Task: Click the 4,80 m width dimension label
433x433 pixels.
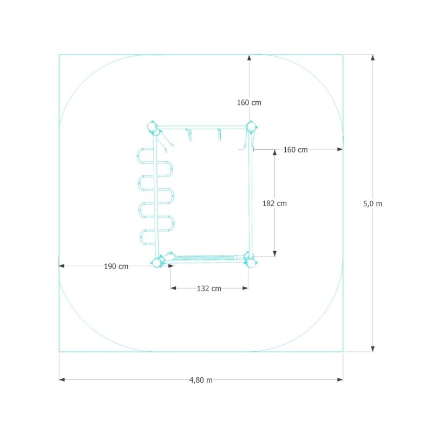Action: [201, 380]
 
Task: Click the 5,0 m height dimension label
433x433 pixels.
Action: [372, 204]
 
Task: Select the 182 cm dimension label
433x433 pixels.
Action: [274, 204]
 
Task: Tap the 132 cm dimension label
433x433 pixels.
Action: [209, 288]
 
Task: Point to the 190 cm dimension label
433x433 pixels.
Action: [116, 266]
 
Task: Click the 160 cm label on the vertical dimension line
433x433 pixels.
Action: [249, 102]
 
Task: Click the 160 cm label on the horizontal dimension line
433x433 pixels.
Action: [296, 150]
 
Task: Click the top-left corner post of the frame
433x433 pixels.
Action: [152, 127]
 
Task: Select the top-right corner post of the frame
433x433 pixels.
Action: [251, 127]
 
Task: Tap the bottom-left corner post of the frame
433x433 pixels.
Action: [157, 263]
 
